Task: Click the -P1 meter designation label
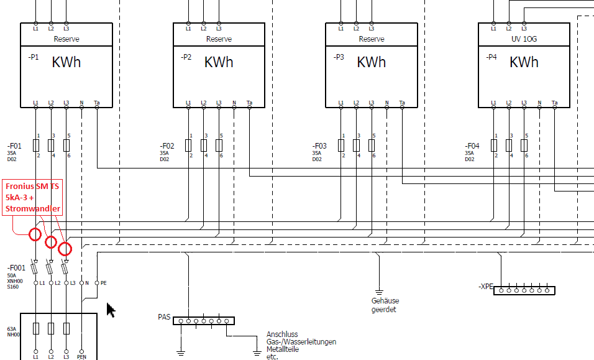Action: (34, 57)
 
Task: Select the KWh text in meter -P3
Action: (372, 62)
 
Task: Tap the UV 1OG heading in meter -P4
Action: (524, 39)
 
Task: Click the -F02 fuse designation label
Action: (167, 147)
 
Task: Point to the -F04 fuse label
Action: (472, 147)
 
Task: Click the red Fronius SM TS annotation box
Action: (32, 197)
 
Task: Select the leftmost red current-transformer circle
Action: (35, 234)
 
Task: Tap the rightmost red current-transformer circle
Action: (65, 249)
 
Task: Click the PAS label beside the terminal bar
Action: (164, 317)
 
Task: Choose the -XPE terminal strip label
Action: (485, 287)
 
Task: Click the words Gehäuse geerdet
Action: (384, 305)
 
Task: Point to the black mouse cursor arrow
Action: (111, 310)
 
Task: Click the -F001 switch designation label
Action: (16, 268)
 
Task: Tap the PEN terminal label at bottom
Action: (81, 357)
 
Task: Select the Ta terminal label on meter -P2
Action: (249, 103)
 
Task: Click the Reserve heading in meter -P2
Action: (219, 39)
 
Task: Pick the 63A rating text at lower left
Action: (12, 329)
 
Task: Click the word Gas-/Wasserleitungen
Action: (301, 342)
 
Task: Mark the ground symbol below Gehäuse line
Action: (378, 291)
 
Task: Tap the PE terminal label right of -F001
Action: (103, 283)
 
